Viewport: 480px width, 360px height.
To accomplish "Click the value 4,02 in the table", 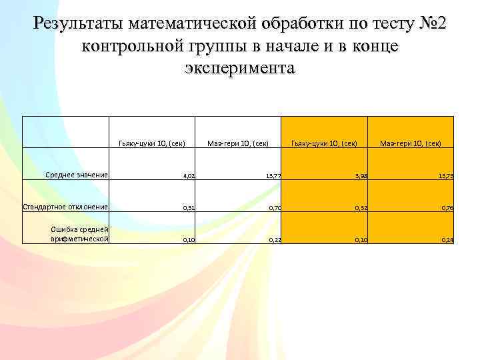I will [x=189, y=177].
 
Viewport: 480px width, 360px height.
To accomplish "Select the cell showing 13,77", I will [x=273, y=177].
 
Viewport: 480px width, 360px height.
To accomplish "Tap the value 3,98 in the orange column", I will [x=361, y=177].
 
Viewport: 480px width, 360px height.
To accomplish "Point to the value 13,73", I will [x=445, y=177].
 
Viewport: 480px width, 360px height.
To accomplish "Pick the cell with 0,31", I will [x=189, y=208].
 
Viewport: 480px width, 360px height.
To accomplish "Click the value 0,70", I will [x=275, y=208].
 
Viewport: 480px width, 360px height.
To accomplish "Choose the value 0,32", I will [x=361, y=208].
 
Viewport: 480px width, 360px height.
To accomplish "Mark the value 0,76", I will [x=447, y=208].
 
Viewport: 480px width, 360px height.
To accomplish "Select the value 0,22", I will [x=275, y=239].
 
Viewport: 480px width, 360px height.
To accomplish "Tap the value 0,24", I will [x=447, y=239].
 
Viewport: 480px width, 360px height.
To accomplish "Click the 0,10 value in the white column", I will [x=189, y=239].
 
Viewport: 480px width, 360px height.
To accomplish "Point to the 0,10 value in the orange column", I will [x=361, y=239].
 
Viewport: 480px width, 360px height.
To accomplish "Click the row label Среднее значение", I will [x=77, y=175].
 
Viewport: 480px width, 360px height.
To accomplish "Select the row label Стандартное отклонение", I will [x=65, y=207].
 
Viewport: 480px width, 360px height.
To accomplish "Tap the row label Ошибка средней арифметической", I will [x=79, y=233].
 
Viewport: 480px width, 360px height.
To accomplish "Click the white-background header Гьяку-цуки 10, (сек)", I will [x=151, y=143].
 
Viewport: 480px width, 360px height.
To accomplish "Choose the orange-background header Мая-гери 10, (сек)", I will [x=411, y=143].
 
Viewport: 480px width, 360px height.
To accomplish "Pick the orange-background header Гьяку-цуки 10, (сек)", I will [x=324, y=143].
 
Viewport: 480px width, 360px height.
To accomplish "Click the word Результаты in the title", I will [x=79, y=25].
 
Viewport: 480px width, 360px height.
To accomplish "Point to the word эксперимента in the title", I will [x=239, y=69].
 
